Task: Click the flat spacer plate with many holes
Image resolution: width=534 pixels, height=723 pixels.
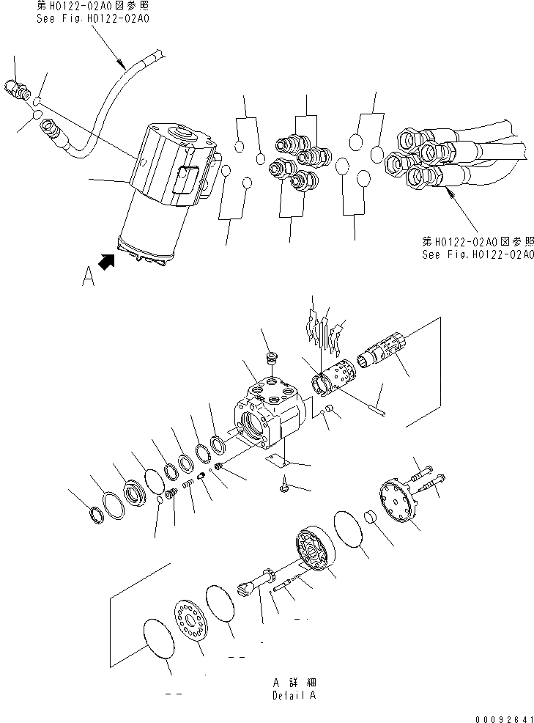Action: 193,620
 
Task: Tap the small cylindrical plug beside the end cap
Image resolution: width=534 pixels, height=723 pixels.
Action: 371,518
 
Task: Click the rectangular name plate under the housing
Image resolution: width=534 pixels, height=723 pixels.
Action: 275,460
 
